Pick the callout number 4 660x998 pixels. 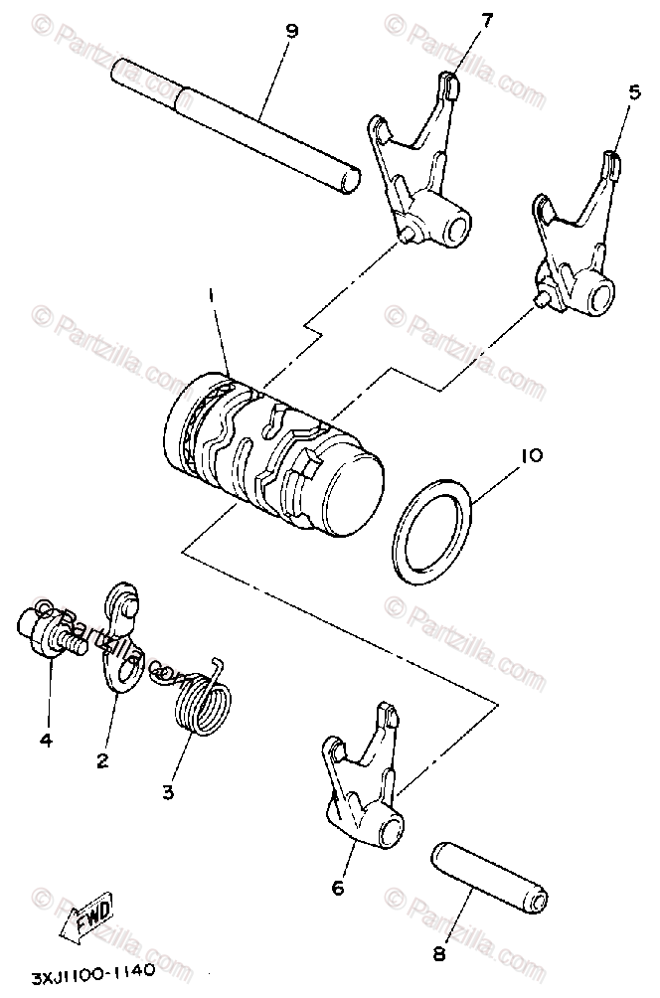click(x=46, y=739)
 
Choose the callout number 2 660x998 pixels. click(x=102, y=760)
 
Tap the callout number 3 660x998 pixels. click(x=168, y=791)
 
